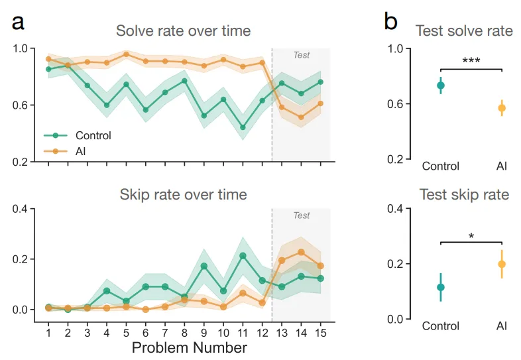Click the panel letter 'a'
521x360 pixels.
(x=19, y=23)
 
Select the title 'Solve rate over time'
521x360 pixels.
(x=183, y=30)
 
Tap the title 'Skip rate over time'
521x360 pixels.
(x=183, y=194)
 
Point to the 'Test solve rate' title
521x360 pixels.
(x=463, y=30)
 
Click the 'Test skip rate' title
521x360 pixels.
(x=463, y=194)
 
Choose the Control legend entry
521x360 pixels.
(x=93, y=135)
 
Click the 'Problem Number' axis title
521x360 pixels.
(x=190, y=347)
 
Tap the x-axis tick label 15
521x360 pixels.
(x=320, y=331)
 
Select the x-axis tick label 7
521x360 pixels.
(x=165, y=331)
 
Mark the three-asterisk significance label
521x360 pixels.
(x=471, y=62)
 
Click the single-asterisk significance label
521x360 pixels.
(x=471, y=236)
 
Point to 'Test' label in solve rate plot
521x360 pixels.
(x=302, y=55)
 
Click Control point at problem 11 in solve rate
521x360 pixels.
(x=243, y=127)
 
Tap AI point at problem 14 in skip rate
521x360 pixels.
(x=302, y=252)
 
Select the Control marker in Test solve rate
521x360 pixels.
(x=441, y=85)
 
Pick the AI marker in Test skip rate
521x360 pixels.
(x=502, y=264)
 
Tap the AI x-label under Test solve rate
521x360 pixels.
(x=502, y=166)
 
